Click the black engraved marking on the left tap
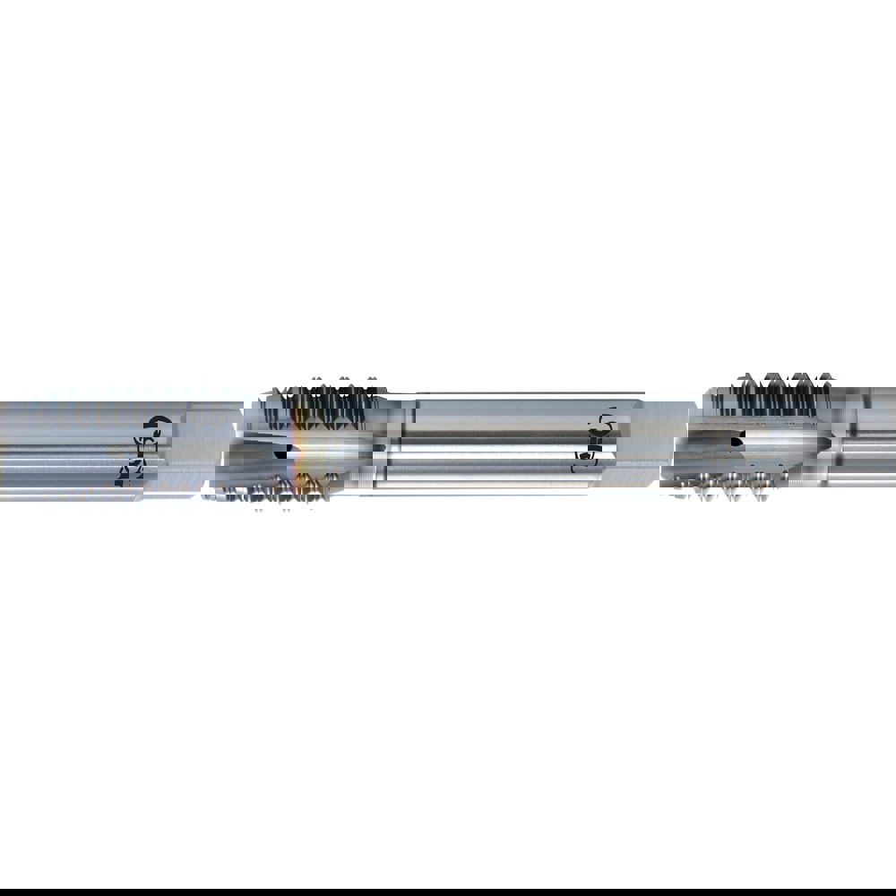coord(141,451)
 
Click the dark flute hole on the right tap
coord(737,441)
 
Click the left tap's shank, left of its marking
coord(54,448)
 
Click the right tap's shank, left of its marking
coord(502,444)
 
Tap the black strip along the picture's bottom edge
coord(448,892)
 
